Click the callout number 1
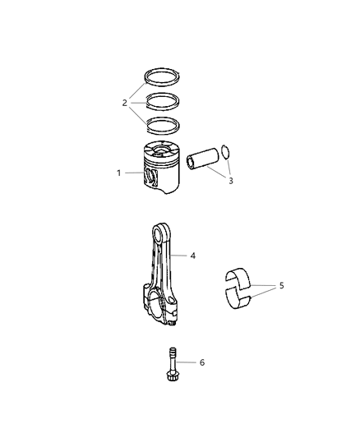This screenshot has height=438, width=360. click(x=118, y=173)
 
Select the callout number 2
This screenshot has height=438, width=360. click(x=126, y=104)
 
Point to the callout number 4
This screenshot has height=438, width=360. click(x=193, y=256)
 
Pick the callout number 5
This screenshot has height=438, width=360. click(x=281, y=286)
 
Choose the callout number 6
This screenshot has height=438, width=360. click(x=202, y=362)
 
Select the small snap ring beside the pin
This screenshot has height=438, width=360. click(x=229, y=152)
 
